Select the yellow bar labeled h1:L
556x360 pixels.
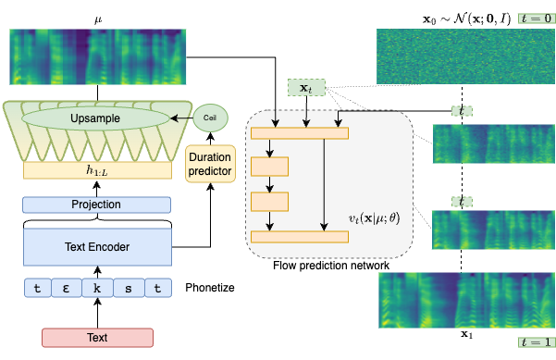click(x=98, y=170)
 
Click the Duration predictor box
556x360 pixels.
click(x=211, y=163)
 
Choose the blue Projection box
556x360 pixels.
click(x=97, y=205)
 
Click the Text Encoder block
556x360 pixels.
click(x=97, y=247)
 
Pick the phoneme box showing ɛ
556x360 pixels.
click(x=67, y=288)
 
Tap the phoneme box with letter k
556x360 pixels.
click(x=97, y=288)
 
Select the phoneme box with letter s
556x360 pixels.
click(x=128, y=288)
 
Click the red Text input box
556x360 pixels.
click(x=97, y=338)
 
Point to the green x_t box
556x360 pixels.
click(x=305, y=88)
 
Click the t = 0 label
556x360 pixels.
click(x=535, y=18)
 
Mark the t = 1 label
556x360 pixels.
click(x=535, y=342)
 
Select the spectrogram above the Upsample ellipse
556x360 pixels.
click(x=98, y=57)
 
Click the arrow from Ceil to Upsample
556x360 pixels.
click(x=183, y=118)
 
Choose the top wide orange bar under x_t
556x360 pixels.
click(x=299, y=133)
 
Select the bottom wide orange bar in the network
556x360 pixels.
click(x=299, y=237)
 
